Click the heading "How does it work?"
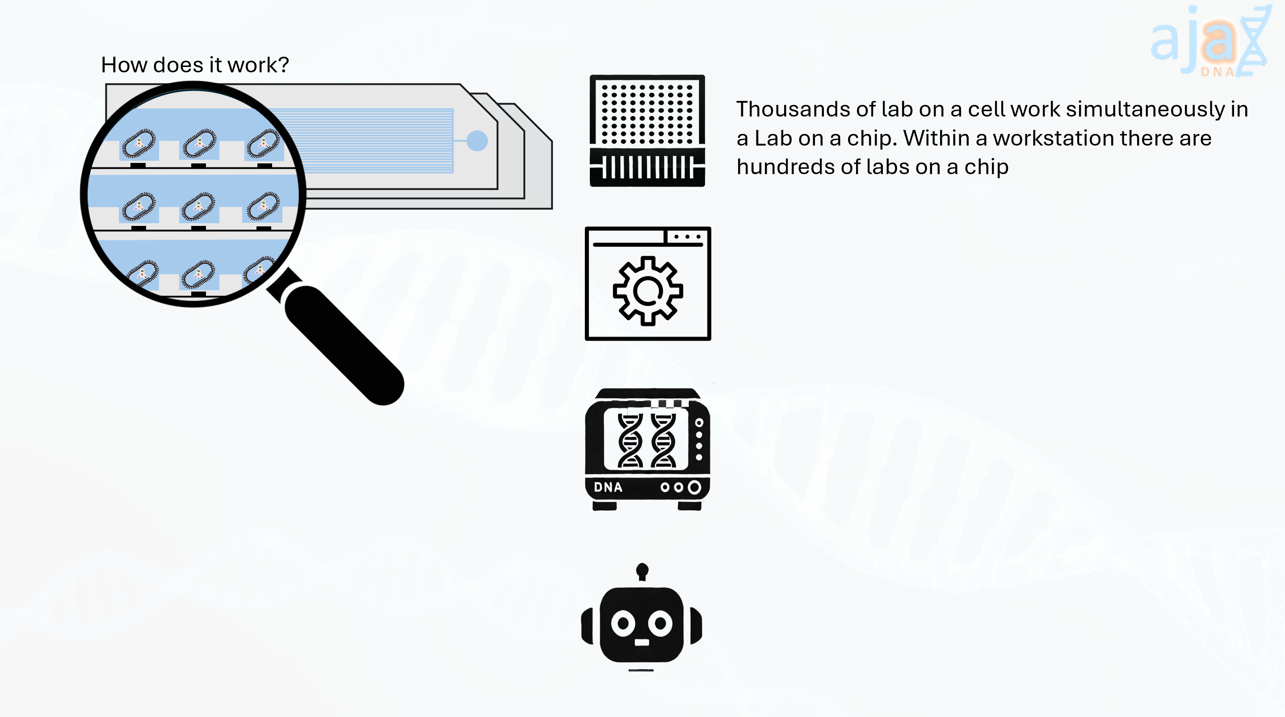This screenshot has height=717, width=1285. [194, 65]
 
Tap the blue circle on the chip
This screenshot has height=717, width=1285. [477, 141]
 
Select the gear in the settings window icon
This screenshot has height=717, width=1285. [647, 291]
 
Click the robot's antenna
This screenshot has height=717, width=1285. [642, 571]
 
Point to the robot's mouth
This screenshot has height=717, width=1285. [642, 642]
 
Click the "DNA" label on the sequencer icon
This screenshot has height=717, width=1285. [608, 487]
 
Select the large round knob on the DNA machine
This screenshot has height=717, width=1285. [694, 487]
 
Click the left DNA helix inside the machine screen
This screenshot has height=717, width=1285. [630, 440]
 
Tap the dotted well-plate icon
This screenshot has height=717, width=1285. [647, 131]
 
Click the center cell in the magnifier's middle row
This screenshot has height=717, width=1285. [198, 206]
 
